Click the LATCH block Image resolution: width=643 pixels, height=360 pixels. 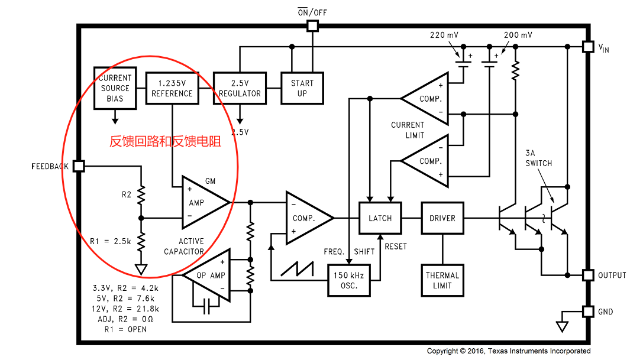(380, 218)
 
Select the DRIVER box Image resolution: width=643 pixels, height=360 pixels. (442, 218)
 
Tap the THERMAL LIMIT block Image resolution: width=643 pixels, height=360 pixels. (442, 280)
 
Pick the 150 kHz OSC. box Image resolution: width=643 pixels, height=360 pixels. (349, 280)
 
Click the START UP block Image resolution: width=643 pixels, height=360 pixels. (302, 88)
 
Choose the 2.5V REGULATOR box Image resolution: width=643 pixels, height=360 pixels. (240, 88)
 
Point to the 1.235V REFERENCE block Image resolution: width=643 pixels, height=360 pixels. (172, 88)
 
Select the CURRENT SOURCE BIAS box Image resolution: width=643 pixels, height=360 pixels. (115, 88)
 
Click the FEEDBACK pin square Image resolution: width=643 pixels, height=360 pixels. (79, 166)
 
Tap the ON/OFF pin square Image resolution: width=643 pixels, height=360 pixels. (312, 26)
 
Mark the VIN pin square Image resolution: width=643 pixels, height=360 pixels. (588, 47)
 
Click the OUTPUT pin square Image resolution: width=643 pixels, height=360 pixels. (588, 275)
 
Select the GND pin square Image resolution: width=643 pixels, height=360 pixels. (588, 312)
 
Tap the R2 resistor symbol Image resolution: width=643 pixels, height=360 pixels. (141, 194)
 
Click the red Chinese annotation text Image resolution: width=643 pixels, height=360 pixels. (165, 141)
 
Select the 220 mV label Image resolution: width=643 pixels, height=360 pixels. (444, 35)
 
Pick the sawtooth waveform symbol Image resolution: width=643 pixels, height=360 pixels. (298, 268)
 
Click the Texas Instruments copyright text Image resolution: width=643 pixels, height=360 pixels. (509, 351)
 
